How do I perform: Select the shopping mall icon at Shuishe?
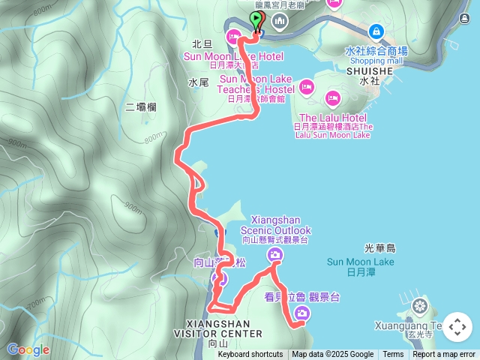pyautogui.click(x=376, y=31)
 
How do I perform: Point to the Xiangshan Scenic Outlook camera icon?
pyautogui.click(x=275, y=256)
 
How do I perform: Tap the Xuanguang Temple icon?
pyautogui.click(x=419, y=306)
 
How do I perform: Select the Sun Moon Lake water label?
pyautogui.click(x=360, y=262)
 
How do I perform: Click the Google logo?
pyautogui.click(x=28, y=349)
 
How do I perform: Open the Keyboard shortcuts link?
pyautogui.click(x=250, y=355)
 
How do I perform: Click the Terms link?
pyautogui.click(x=393, y=355)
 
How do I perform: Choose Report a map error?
pyautogui.click(x=444, y=355)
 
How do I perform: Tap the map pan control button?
pyautogui.click(x=457, y=327)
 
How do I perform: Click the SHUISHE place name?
pyautogui.click(x=370, y=70)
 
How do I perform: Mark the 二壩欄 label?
pyautogui.click(x=141, y=107)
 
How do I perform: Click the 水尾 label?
pyautogui.click(x=198, y=82)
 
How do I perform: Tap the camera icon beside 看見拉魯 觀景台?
pyautogui.click(x=301, y=313)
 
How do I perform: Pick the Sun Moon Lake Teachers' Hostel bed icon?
pyautogui.click(x=306, y=87)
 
